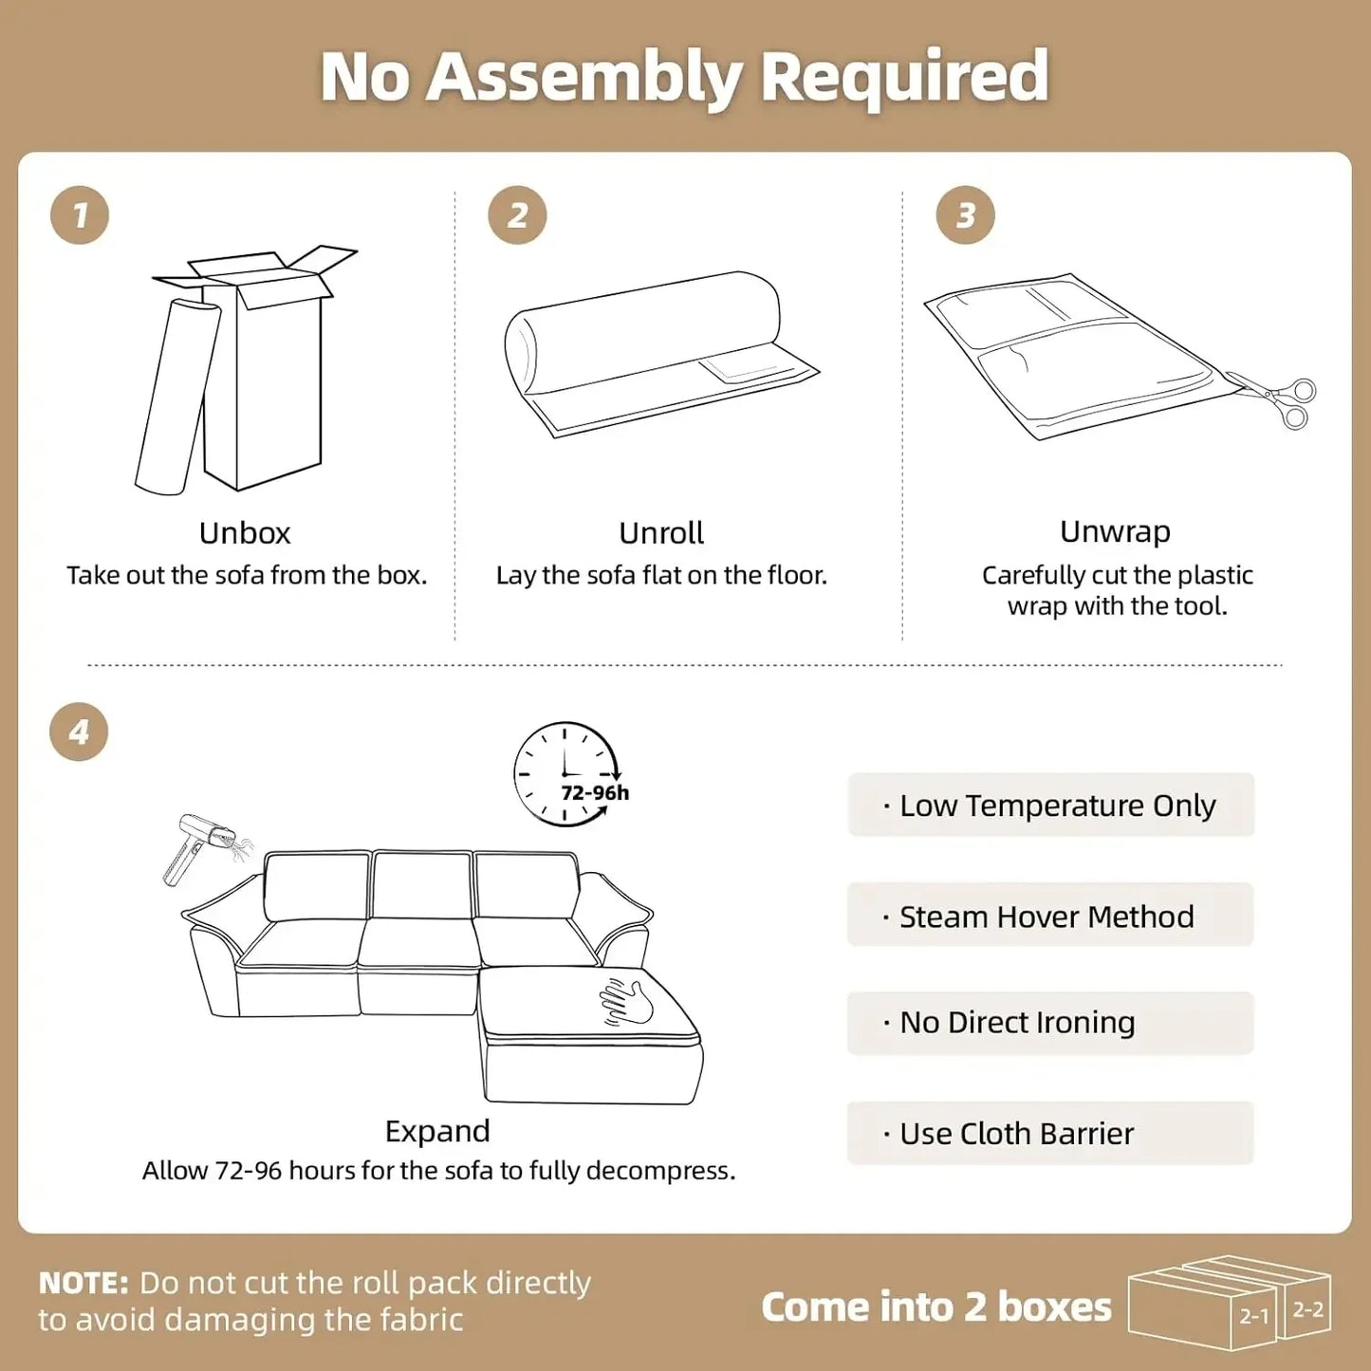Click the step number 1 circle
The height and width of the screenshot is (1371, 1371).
[80, 214]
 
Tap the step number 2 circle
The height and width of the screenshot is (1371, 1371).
[517, 214]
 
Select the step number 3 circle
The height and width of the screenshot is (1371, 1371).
[965, 214]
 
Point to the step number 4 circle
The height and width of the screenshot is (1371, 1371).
[79, 732]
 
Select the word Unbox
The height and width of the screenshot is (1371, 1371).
[245, 533]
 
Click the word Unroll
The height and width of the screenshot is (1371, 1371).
[661, 533]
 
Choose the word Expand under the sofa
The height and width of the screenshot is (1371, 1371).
[437, 1131]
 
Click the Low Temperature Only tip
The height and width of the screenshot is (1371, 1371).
[1051, 805]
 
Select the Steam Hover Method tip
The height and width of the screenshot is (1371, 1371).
[1051, 916]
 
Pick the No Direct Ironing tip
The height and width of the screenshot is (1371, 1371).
[1051, 1023]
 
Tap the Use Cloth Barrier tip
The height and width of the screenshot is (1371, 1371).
[1051, 1134]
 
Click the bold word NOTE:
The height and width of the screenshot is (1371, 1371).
[83, 1283]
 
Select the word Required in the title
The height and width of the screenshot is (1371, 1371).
[903, 77]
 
